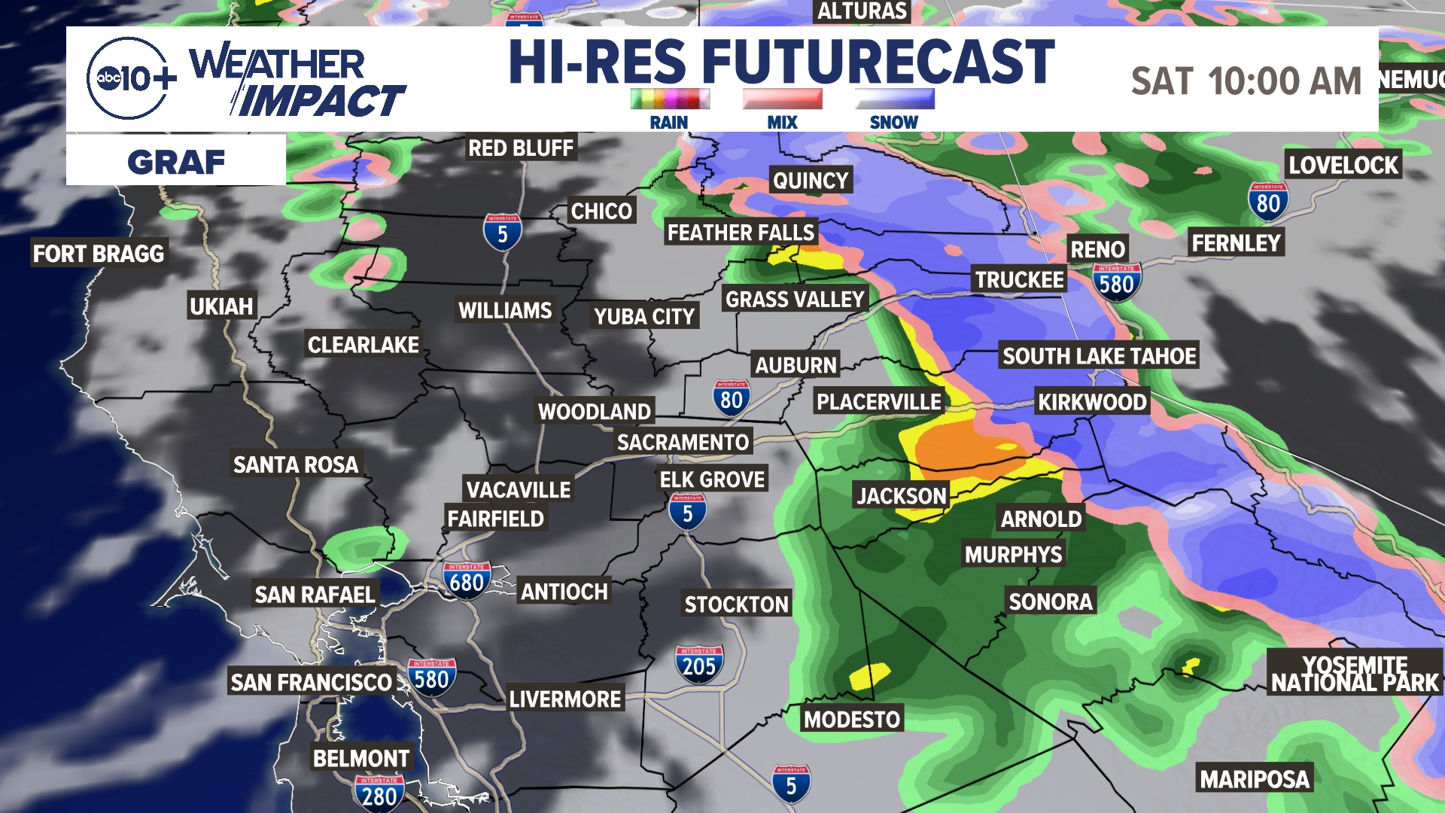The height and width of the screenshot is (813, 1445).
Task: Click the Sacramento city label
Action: click(x=683, y=442)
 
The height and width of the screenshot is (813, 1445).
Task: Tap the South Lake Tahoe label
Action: click(x=1099, y=356)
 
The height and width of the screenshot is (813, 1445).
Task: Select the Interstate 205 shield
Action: click(x=699, y=665)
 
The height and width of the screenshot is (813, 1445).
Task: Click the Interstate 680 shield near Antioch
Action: click(x=467, y=581)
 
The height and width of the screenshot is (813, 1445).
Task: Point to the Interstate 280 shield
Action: click(x=379, y=794)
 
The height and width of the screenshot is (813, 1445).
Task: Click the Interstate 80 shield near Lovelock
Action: click(x=1268, y=202)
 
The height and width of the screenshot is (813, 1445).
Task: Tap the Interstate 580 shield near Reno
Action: click(x=1116, y=283)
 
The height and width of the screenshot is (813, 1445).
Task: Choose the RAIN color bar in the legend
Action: click(x=670, y=99)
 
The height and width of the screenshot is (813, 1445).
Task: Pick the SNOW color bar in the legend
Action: click(x=894, y=99)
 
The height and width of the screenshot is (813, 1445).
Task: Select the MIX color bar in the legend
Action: click(x=782, y=99)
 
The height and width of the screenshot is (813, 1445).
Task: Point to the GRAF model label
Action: click(x=176, y=162)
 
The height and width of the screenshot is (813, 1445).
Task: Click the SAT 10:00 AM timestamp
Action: click(x=1246, y=81)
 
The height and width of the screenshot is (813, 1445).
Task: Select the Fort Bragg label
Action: click(x=99, y=254)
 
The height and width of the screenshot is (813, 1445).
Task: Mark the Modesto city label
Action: click(x=852, y=720)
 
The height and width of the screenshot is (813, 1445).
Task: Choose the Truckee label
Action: click(x=1019, y=280)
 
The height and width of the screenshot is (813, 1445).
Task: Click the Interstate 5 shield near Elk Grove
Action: click(x=687, y=513)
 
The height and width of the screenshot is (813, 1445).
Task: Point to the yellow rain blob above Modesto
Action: click(x=869, y=675)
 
